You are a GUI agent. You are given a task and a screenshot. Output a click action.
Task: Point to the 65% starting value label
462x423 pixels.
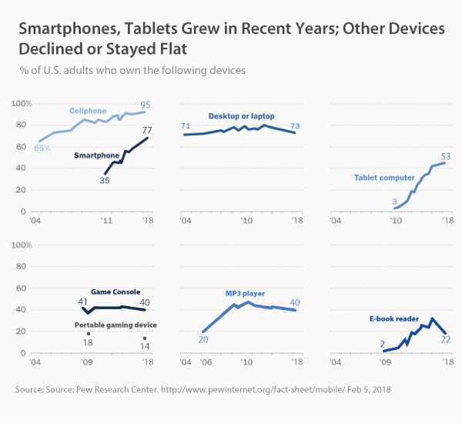click(x=42, y=148)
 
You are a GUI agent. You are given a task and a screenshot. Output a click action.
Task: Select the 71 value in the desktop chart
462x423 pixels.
click(x=186, y=125)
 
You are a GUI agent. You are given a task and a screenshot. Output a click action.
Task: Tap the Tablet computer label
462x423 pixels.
click(x=384, y=178)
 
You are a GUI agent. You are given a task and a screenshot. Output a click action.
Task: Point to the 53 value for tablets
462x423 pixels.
click(x=445, y=156)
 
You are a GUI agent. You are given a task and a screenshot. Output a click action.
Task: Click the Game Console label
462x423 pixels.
click(x=115, y=292)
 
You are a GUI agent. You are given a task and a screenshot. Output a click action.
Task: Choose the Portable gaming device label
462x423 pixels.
click(x=115, y=325)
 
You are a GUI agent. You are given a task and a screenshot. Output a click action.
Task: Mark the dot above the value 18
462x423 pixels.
click(x=89, y=333)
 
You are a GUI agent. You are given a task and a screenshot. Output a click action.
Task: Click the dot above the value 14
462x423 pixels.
click(x=144, y=338)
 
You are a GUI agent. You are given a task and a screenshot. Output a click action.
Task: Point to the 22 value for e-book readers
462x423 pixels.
click(x=445, y=340)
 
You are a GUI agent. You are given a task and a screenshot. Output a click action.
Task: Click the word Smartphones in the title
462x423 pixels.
click(x=64, y=30)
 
